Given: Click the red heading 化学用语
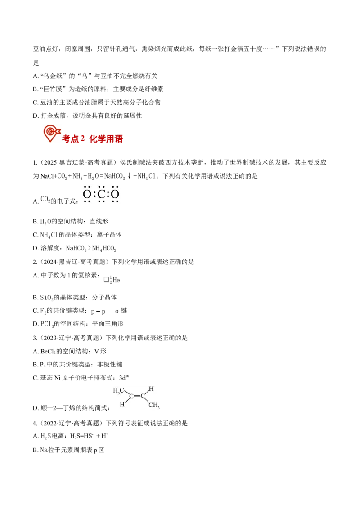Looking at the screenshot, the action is (x=106, y=139).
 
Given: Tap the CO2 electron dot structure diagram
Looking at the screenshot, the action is (x=101, y=194).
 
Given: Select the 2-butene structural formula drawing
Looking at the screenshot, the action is (x=136, y=397).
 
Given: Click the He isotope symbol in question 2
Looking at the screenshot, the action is (x=112, y=280).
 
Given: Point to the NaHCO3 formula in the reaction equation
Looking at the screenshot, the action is (x=115, y=176).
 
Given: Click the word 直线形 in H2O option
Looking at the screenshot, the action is (x=99, y=221).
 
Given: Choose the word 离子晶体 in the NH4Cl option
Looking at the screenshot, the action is (x=109, y=235).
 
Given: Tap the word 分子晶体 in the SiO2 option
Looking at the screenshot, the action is (x=104, y=297).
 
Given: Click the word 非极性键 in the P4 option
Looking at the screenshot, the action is (x=110, y=365).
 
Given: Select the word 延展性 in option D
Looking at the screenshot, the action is (x=133, y=116).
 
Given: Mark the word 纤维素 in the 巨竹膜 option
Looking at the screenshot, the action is (x=154, y=89).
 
